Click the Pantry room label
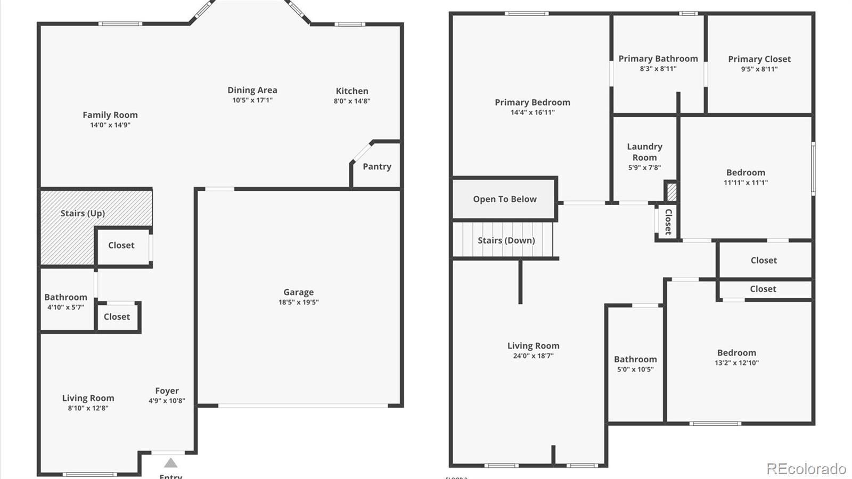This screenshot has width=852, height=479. coord(377,166)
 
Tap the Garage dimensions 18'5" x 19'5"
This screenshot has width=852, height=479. coord(298,302)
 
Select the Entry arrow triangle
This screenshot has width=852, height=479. coord(170,462)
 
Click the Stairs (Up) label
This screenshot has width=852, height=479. coord(83,213)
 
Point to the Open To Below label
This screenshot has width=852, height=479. coord(505,199)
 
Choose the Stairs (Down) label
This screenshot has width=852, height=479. coord(506,240)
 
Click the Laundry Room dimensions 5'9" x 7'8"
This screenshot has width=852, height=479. coord(644,167)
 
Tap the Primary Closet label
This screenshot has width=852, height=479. coord(759,59)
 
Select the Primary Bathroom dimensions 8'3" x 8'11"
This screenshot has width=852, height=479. coord(658,69)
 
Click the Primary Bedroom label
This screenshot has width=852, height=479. coord(532,102)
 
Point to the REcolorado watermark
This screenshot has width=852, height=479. coord(806,468)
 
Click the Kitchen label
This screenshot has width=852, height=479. coord(352,91)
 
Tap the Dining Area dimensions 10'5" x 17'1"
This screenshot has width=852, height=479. coord(252,100)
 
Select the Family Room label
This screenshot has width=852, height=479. coord(110,115)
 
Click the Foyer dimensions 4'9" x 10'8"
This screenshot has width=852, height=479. coord(167,401)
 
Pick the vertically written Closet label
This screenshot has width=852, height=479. coord(668,222)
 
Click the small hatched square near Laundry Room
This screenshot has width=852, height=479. coord(671,192)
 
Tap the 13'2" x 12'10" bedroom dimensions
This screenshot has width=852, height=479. coord(736,363)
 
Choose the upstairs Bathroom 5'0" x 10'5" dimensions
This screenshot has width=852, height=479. coord(635,369)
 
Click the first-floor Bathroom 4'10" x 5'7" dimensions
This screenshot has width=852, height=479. coord(65,307)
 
